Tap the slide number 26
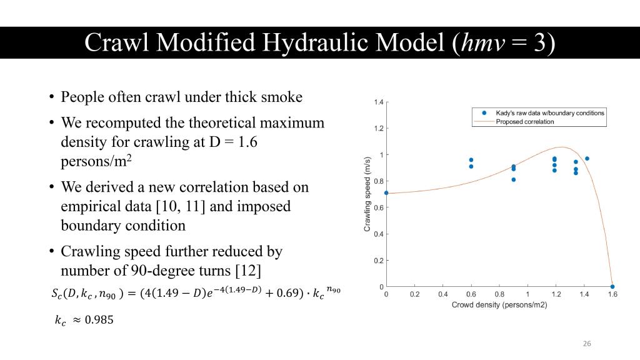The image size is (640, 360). pos(587,344)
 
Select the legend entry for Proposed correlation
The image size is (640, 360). pos(525,122)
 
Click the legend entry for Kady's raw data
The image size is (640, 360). pos(550,112)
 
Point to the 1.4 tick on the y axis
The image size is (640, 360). pos(379,102)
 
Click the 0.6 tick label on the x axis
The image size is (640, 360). pos(471,294)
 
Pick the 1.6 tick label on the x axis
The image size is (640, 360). pos(612,294)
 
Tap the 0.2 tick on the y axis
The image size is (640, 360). pos(379,261)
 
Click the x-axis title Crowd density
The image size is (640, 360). pos(499,305)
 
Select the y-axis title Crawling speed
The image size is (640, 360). pos(367,194)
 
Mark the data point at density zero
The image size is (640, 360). pos(386,193)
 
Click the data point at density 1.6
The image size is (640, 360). pos(612,286)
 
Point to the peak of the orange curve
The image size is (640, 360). pos(562,147)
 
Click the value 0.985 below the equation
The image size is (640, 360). pos(99,319)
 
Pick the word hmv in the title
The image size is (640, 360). pos(482,42)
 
